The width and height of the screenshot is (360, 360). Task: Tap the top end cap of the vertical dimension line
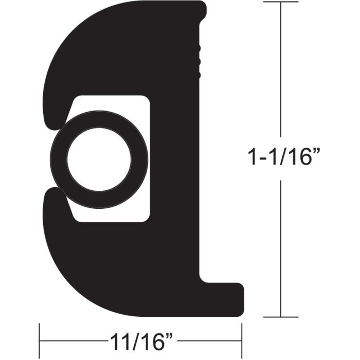(x=280, y=2)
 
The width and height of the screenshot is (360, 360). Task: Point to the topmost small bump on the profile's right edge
(x=199, y=49)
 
